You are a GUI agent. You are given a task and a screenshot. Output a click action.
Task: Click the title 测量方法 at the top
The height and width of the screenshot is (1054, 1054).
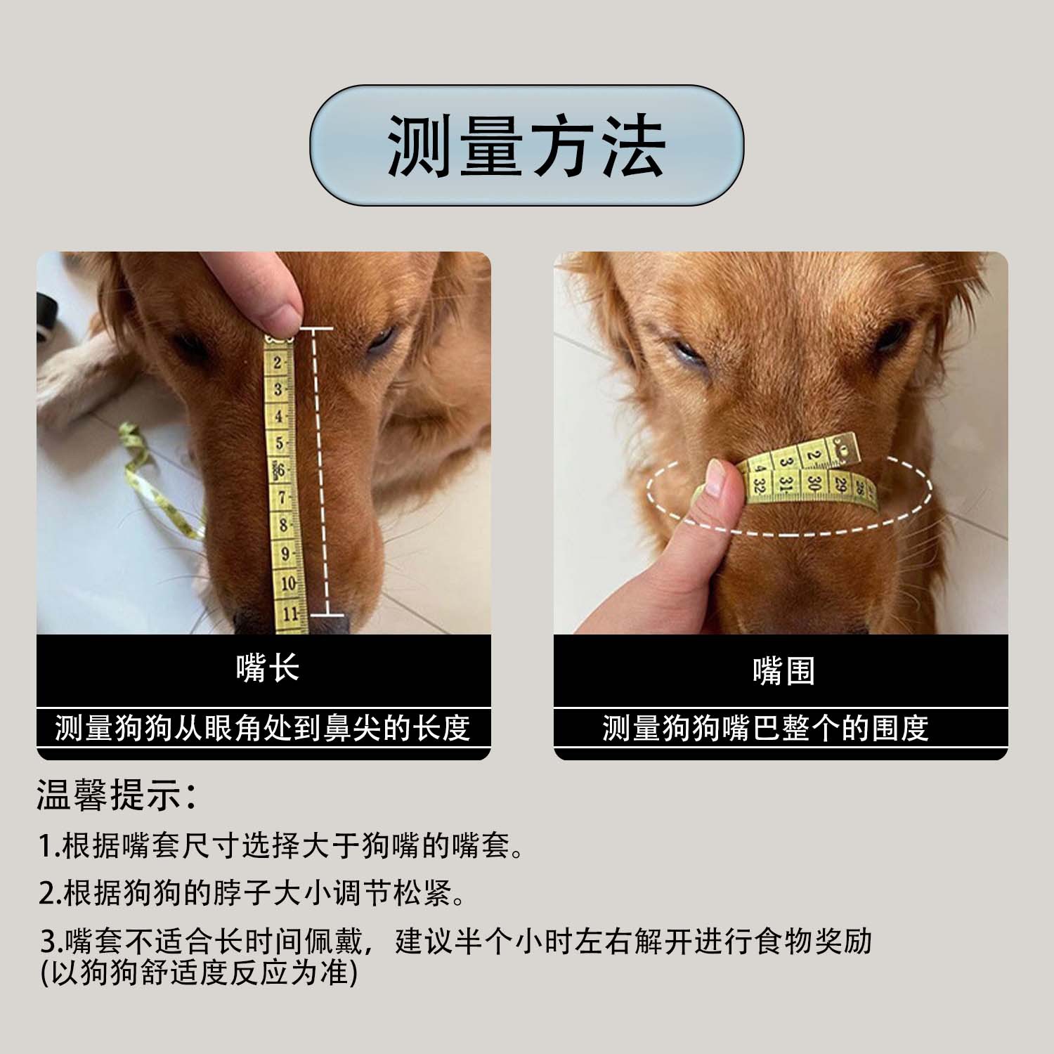pyautogui.click(x=526, y=147)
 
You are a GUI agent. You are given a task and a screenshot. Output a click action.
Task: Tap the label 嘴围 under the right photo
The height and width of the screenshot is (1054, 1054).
pyautogui.click(x=783, y=672)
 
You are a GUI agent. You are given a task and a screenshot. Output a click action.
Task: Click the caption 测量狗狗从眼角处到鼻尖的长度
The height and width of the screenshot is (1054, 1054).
pyautogui.click(x=263, y=729)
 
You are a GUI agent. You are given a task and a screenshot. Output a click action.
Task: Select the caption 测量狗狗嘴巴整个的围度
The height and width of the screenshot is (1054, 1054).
pyautogui.click(x=766, y=729)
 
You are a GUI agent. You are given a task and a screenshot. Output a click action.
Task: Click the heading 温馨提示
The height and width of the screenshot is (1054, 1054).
pyautogui.click(x=116, y=795)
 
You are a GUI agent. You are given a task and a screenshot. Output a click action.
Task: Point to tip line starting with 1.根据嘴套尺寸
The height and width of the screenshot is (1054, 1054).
pyautogui.click(x=281, y=847)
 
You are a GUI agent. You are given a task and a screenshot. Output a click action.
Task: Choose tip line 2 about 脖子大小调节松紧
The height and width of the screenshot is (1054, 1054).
pyautogui.click(x=252, y=894)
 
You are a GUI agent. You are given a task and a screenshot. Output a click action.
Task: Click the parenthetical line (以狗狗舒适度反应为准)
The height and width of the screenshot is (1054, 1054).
pyautogui.click(x=199, y=973)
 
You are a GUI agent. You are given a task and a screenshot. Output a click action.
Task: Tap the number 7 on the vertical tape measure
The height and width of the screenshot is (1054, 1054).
pyautogui.click(x=282, y=497)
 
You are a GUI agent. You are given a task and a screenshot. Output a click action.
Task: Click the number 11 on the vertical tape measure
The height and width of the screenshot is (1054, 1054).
pyautogui.click(x=289, y=613)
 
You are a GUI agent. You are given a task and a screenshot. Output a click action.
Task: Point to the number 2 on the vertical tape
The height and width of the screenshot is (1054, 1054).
pyautogui.click(x=278, y=363)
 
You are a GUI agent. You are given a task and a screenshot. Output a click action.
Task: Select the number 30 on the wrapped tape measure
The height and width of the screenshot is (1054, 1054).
pyautogui.click(x=814, y=483)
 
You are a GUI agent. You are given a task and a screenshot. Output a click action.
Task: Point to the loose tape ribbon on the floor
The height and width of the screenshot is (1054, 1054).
pyautogui.click(x=158, y=485)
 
